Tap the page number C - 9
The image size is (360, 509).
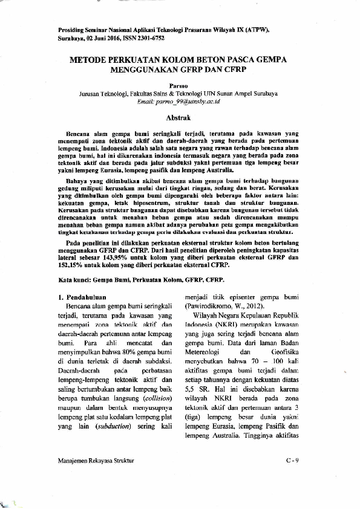(293, 461)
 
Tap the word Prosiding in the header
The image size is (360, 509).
(71, 30)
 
